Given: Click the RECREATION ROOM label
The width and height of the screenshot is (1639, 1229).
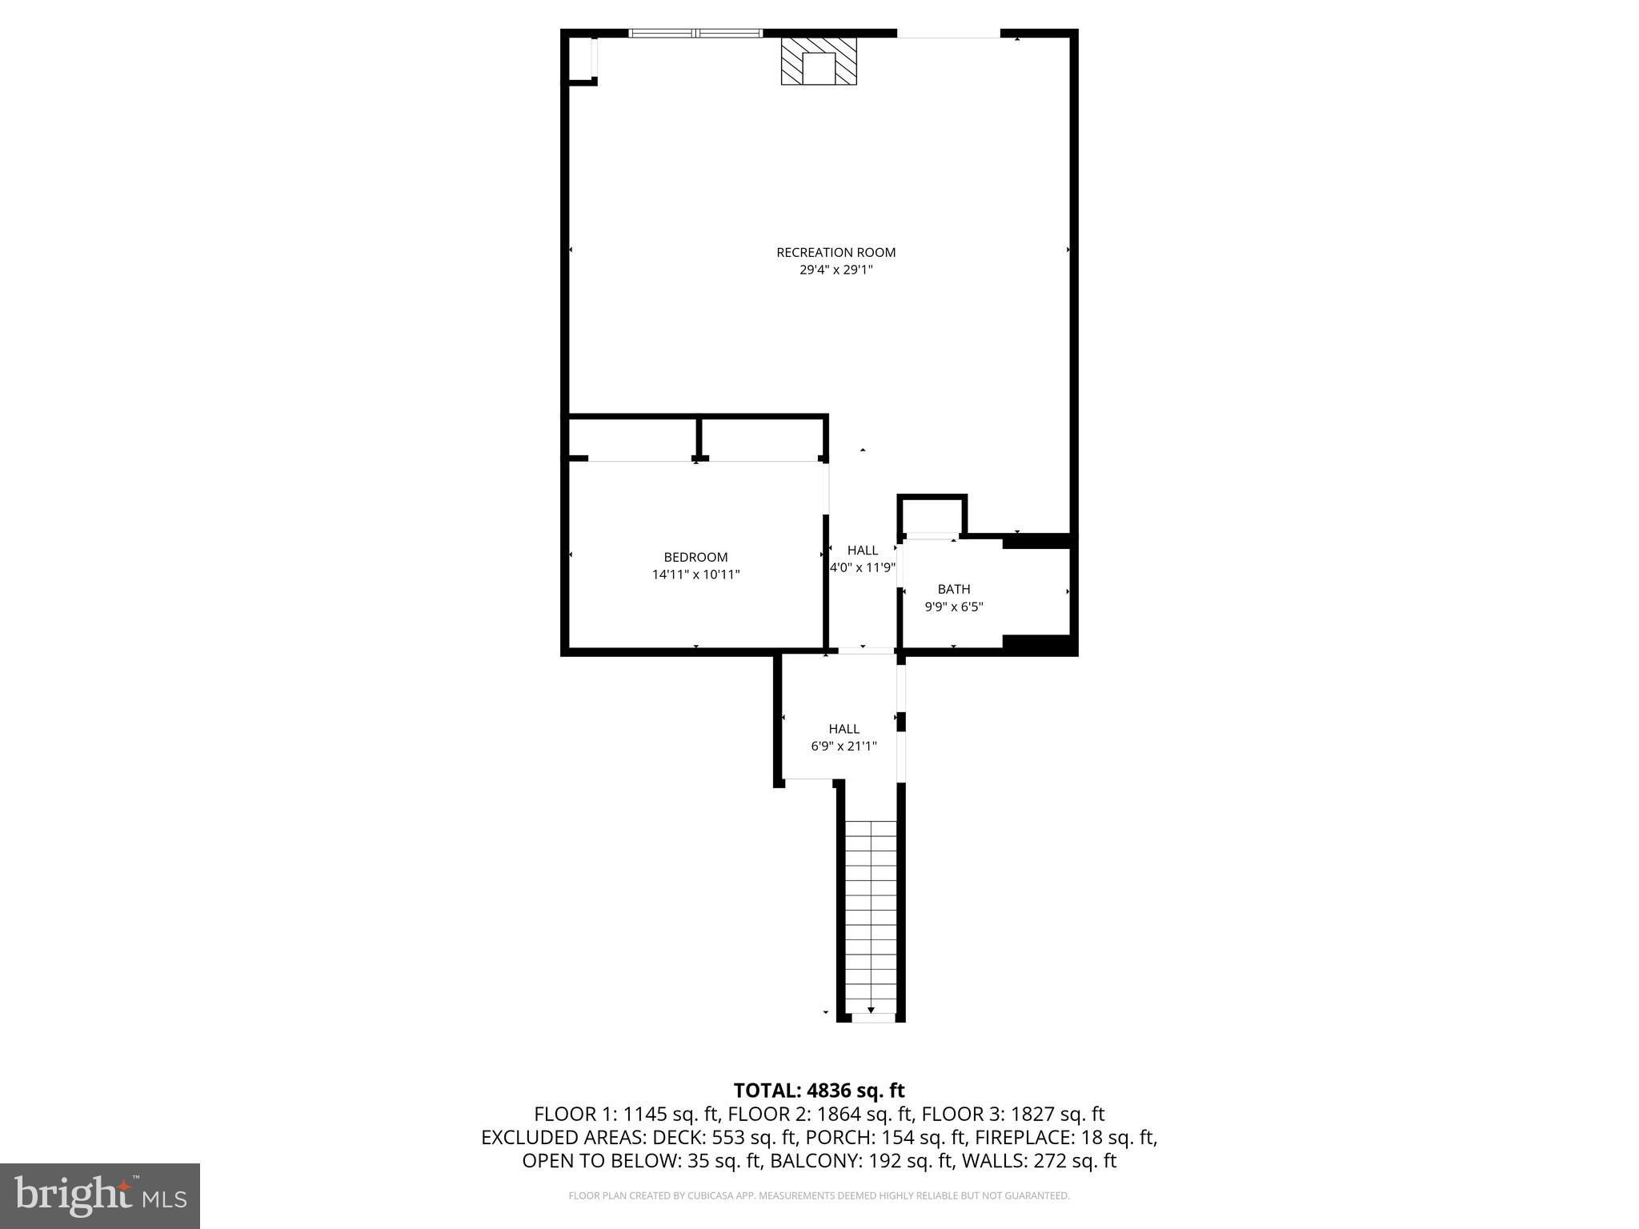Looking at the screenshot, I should pos(836,252).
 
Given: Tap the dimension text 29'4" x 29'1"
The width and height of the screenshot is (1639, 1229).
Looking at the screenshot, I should pos(836,270).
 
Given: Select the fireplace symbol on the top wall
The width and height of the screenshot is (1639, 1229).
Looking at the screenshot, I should pos(819,62).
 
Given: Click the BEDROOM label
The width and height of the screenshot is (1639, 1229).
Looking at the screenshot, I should pos(695,557).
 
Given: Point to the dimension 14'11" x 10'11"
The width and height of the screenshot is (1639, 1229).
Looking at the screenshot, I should pos(695,574).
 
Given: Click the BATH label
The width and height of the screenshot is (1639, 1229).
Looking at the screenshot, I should pos(953,589).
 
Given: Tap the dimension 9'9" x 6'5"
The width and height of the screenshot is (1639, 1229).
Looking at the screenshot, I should pos(953,607).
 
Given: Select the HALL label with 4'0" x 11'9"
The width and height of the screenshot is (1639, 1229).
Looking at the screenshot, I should pos(862,550).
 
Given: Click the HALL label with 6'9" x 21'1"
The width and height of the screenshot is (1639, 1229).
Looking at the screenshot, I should pos(844,728).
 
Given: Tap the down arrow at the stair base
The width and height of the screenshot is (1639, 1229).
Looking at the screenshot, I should pos(871,1011).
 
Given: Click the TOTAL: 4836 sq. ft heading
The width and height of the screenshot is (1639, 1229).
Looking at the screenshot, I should pos(819,1090).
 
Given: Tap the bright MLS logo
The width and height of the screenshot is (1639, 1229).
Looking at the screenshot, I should pos(100,1195).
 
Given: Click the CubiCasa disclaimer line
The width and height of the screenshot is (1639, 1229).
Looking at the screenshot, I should pos(819,1196).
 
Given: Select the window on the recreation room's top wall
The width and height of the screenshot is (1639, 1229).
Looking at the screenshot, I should pos(695,34).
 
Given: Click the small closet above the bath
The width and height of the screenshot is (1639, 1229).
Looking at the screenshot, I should pos(932,515).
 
